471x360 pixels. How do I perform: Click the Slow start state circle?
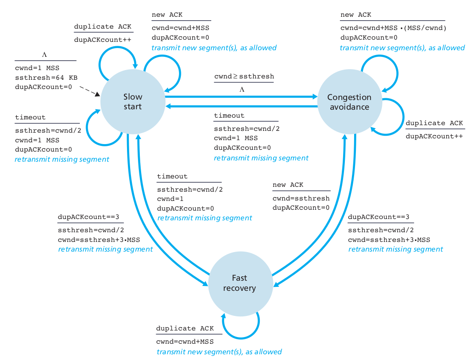coord(133,102)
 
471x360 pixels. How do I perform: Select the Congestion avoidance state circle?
coord(349,102)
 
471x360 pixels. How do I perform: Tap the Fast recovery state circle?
coord(239,283)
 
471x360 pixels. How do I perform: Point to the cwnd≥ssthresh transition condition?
coord(244,76)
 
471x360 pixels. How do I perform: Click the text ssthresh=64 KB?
coord(45,77)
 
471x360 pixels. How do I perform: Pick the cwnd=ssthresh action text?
coord(301,198)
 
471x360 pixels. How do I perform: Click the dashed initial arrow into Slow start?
coord(90,91)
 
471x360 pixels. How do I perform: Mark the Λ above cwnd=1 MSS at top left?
coord(44,56)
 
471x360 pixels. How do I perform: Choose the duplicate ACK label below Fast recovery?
coord(185,328)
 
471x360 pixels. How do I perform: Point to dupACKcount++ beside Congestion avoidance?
coord(434,136)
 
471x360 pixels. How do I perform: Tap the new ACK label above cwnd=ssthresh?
coord(288,185)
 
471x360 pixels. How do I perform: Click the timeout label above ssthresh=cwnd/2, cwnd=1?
coord(172,176)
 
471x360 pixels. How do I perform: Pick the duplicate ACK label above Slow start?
coord(103,26)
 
